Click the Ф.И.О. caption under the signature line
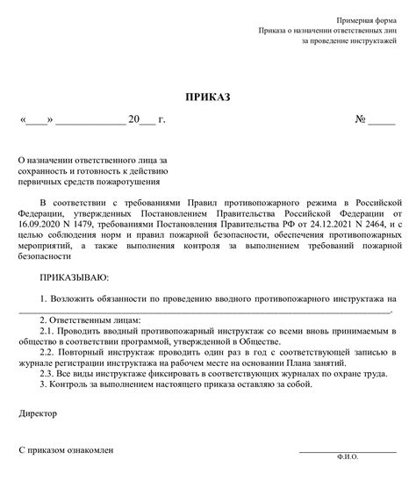(x=348, y=457)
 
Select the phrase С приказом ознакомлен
(x=67, y=449)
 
